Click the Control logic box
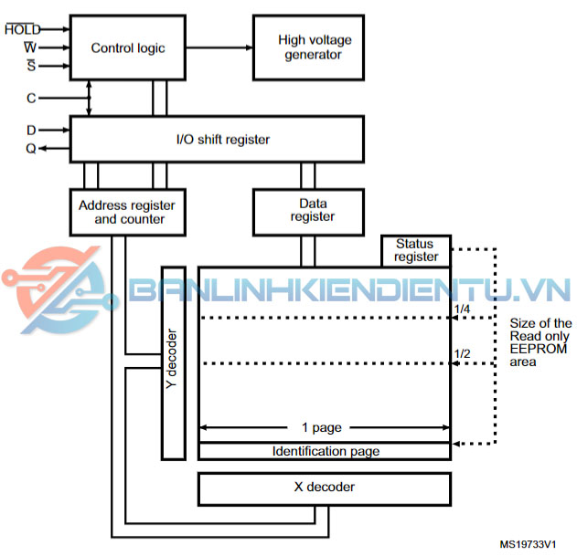click(x=128, y=47)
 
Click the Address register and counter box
click(x=127, y=212)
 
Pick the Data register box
click(x=312, y=210)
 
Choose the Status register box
click(x=416, y=250)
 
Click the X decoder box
click(x=324, y=488)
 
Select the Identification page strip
click(x=325, y=451)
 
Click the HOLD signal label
click(x=22, y=29)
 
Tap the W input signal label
click(x=30, y=47)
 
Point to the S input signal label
click(x=31, y=65)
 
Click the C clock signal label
click(x=31, y=96)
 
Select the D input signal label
click(x=31, y=131)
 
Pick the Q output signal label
click(x=31, y=149)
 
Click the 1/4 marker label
click(x=462, y=309)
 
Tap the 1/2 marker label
click(x=462, y=354)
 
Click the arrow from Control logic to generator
click(x=219, y=47)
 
